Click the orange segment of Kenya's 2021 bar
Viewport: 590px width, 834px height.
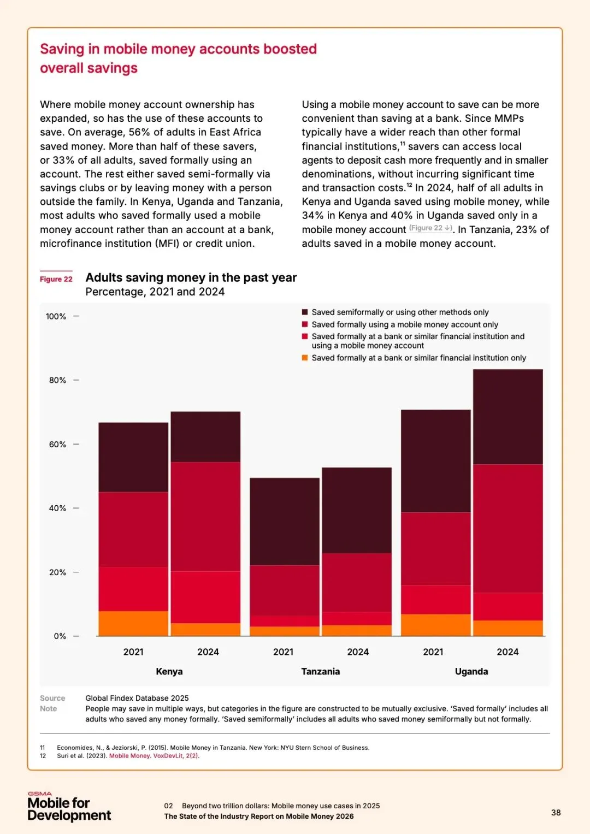[x=133, y=623]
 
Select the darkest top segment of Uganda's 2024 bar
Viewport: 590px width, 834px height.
[x=508, y=417]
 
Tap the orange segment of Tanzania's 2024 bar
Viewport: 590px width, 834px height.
[x=357, y=630]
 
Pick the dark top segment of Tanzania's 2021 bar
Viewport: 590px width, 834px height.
[x=285, y=521]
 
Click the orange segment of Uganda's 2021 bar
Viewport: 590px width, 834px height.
[x=435, y=625]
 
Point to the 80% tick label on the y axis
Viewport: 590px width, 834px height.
[x=57, y=380]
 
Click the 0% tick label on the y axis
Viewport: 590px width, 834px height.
[x=60, y=636]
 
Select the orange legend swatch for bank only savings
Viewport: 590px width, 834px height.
[x=305, y=358]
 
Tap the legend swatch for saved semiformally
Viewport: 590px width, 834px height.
[x=305, y=312]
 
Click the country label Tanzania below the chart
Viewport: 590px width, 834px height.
[x=320, y=671]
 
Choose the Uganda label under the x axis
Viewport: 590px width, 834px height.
[x=471, y=671]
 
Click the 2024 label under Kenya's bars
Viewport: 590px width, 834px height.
[x=208, y=652]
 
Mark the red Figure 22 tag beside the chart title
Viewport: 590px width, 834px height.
[x=56, y=279]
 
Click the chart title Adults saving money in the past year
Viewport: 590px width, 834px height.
[x=191, y=277]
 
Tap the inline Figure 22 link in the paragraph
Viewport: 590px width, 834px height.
[x=430, y=228]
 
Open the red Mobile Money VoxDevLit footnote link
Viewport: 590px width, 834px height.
[x=154, y=756]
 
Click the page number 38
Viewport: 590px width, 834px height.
[x=556, y=813]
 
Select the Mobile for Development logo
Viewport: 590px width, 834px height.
[x=69, y=807]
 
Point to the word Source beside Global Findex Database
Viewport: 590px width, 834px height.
[x=52, y=698]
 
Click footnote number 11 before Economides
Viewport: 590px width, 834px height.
[x=43, y=748]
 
